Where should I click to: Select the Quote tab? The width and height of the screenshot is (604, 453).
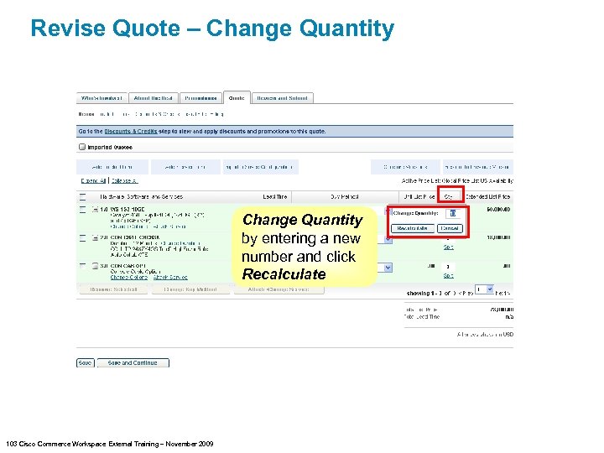click(x=237, y=98)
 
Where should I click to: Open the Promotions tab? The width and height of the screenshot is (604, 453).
click(x=200, y=98)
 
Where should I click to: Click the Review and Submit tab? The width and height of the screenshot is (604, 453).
click(x=282, y=98)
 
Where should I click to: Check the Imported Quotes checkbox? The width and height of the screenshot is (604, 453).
click(x=82, y=147)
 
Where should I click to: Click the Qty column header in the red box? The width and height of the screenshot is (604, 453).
click(x=449, y=195)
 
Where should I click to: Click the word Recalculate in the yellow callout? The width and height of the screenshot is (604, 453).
click(x=284, y=274)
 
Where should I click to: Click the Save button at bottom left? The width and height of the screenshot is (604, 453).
click(x=85, y=363)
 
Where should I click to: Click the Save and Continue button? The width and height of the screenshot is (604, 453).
click(x=133, y=363)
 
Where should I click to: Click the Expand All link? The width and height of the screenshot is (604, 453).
click(x=92, y=180)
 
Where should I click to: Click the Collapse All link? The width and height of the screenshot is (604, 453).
click(x=123, y=180)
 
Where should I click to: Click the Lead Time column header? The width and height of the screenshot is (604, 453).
click(x=275, y=195)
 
